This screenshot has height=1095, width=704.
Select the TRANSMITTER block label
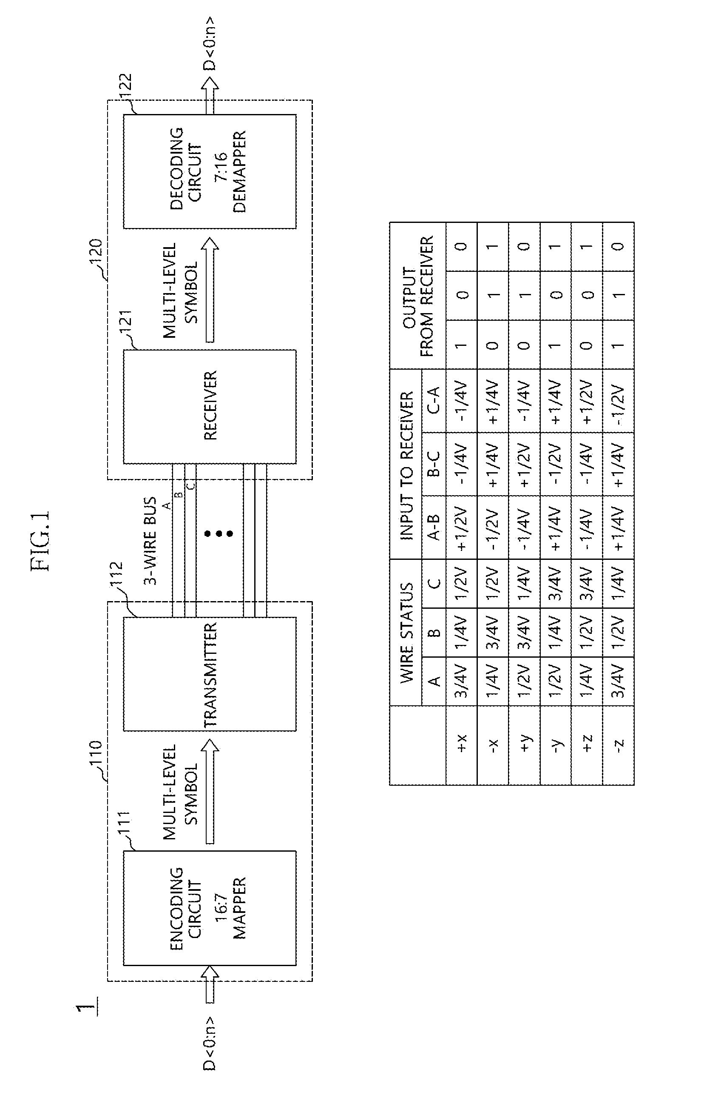click(211, 675)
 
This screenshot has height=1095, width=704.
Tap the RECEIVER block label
click(211, 406)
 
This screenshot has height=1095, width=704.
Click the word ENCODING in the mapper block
click(176, 908)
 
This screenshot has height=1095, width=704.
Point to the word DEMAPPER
click(239, 171)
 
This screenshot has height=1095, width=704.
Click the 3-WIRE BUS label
click(150, 541)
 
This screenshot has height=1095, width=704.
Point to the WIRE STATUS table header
click(407, 633)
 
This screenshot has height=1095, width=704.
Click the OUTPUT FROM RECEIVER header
click(418, 296)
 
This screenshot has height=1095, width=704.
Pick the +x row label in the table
click(462, 743)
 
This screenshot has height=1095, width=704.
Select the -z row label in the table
click(618, 743)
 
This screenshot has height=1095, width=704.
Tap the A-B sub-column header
click(434, 528)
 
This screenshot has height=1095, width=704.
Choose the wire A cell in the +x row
click(462, 682)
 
